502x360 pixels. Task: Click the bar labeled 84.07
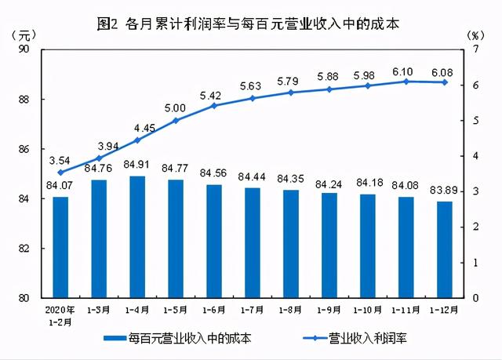[60, 247]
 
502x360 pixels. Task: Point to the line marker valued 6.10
[406, 82]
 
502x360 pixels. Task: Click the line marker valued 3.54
[60, 173]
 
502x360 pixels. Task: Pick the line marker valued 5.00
[176, 121]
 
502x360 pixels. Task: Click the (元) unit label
[24, 36]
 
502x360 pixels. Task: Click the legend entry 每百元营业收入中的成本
[180, 339]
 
